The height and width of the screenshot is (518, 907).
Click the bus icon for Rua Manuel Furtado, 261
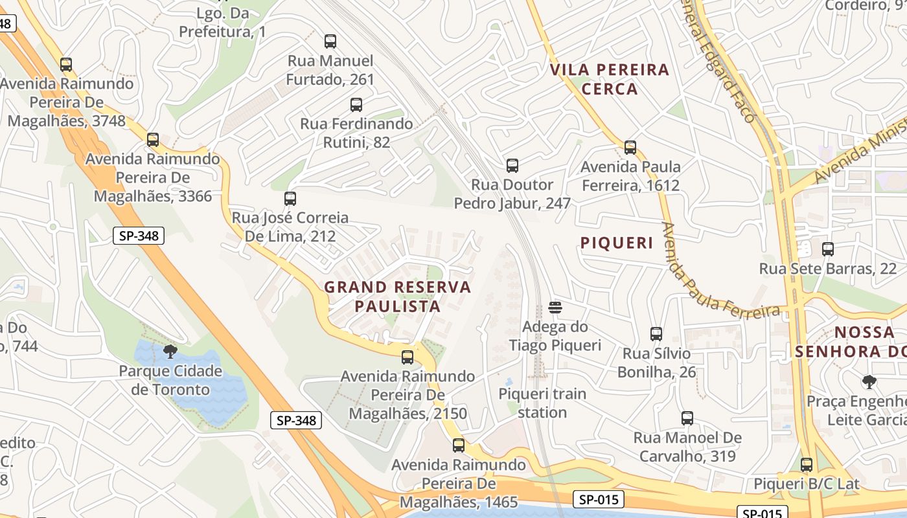(x=330, y=41)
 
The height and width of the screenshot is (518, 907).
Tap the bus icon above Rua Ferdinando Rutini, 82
(x=356, y=104)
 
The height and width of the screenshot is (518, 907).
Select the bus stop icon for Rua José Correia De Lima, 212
(x=290, y=199)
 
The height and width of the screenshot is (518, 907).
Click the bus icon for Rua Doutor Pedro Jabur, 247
(x=512, y=166)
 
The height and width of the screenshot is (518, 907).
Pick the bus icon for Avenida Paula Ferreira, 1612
(x=630, y=148)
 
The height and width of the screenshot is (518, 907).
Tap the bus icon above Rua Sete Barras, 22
(x=827, y=249)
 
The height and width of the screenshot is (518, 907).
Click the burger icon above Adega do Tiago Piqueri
(x=555, y=307)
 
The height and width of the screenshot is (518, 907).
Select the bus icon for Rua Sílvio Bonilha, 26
(x=656, y=334)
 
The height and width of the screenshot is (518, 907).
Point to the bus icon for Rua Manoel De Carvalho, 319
(x=687, y=418)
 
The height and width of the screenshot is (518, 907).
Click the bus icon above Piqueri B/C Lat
(x=807, y=464)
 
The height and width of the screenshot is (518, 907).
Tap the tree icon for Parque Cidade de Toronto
(x=170, y=352)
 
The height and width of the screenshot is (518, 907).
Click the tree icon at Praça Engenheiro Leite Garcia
(x=869, y=382)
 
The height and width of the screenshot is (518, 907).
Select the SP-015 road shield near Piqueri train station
(x=599, y=499)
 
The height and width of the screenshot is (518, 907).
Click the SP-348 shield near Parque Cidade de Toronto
(x=296, y=420)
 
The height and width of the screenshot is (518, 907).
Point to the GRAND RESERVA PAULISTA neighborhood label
(x=398, y=296)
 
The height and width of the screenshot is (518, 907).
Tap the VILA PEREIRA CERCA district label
(x=610, y=79)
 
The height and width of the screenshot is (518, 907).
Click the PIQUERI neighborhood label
(x=617, y=243)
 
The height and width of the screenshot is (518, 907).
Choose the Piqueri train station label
(x=542, y=403)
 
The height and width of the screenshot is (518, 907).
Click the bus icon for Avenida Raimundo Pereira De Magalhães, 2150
(x=408, y=357)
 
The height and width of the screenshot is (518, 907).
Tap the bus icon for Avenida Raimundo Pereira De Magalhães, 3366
(x=153, y=140)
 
